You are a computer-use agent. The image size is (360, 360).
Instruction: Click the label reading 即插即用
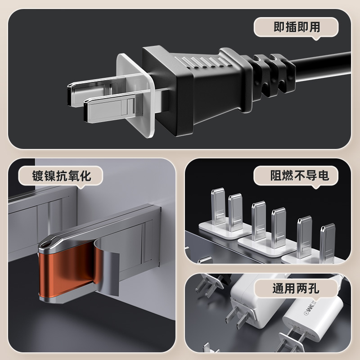[297, 27]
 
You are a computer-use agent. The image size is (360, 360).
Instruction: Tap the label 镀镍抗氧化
[62, 176]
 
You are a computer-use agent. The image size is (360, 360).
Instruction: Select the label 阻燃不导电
[300, 175]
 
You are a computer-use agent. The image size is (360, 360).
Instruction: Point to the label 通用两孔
[296, 288]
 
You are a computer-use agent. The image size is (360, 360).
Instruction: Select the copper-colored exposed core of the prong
[69, 269]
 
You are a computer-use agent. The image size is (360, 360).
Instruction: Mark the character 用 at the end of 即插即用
[315, 27]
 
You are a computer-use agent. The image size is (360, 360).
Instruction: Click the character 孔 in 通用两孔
[314, 288]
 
